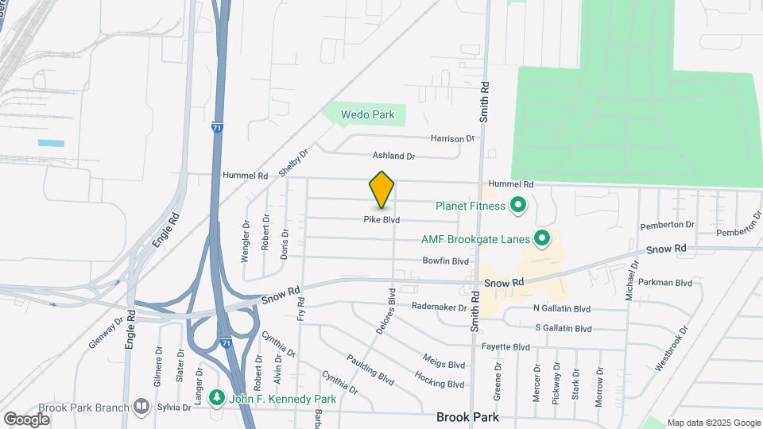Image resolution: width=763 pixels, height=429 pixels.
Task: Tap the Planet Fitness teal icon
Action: (x=518, y=207)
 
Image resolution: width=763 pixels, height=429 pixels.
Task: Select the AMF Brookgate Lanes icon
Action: (x=543, y=238)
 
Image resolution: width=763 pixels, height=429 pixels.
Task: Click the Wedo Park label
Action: (x=367, y=115)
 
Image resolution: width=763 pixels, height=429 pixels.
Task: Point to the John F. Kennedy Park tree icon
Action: (x=215, y=396)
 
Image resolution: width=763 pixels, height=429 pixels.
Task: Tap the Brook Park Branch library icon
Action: (x=141, y=407)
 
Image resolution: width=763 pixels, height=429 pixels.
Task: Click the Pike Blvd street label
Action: (x=381, y=220)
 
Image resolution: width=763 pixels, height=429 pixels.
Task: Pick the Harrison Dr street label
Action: (x=452, y=138)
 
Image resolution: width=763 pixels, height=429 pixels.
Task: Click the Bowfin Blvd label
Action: (x=446, y=261)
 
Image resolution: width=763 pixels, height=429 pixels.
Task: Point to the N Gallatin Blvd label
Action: (x=562, y=308)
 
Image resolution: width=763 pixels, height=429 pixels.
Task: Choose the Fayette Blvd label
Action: (x=505, y=347)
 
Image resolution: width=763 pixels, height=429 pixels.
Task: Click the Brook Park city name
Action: (x=467, y=416)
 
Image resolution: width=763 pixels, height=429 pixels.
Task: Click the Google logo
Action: (x=26, y=419)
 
